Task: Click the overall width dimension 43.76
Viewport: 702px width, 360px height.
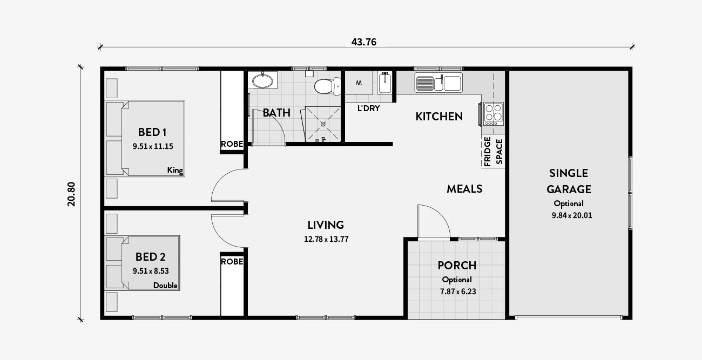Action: point(363,42)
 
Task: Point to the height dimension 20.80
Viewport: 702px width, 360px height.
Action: point(71,194)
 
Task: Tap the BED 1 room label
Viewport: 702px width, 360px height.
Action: point(152,132)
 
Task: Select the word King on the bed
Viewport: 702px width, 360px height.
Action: point(175,170)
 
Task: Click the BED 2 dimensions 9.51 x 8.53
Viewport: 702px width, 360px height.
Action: point(151,271)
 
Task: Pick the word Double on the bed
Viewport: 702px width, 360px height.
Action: point(165,286)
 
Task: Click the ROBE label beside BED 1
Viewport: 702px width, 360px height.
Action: point(232,144)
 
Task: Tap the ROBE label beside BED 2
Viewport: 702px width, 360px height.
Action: point(232,262)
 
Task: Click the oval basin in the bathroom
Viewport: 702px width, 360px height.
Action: point(262,80)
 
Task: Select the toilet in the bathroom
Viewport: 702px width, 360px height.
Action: point(327,86)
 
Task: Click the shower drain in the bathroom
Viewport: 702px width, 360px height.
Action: point(323,124)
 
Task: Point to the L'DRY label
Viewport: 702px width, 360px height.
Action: point(368,108)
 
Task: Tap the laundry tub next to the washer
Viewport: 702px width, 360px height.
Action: point(384,83)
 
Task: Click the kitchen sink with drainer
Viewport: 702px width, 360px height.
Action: point(438,83)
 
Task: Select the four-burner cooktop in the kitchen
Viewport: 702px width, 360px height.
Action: point(493,113)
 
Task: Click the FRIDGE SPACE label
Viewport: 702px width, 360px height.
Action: point(493,152)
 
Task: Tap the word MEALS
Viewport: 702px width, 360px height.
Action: point(464,189)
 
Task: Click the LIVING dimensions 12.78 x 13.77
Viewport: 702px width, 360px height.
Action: point(326,240)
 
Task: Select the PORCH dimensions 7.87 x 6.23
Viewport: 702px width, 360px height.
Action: point(458,291)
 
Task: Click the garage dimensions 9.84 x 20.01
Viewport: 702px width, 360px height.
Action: point(572,215)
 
